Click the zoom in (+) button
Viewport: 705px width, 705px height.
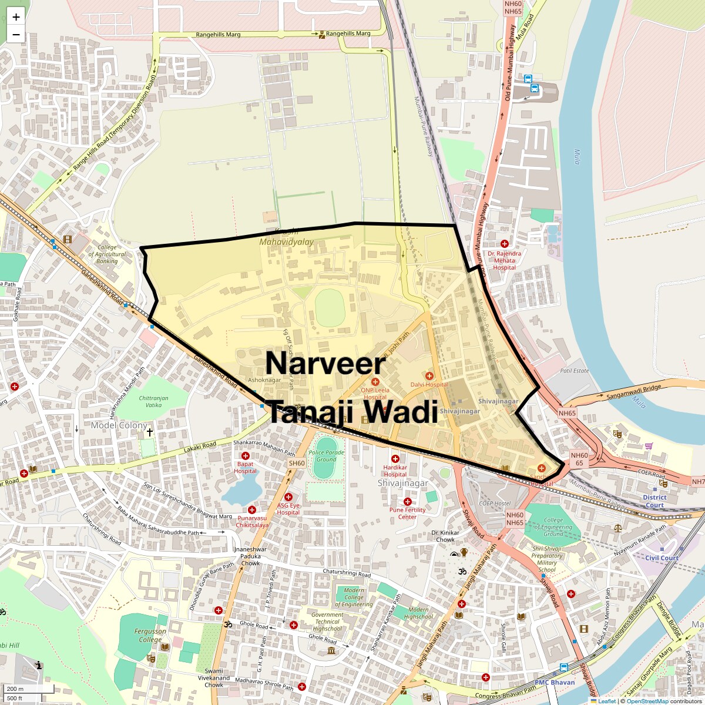16,17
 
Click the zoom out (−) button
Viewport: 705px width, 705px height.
16,34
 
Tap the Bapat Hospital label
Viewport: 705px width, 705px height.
245,468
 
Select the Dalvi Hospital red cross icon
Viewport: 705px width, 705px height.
429,375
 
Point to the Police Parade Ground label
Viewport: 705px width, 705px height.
327,456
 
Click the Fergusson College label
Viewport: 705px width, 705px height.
150,636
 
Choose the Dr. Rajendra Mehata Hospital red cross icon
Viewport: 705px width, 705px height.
504,243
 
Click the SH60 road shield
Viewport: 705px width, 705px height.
297,464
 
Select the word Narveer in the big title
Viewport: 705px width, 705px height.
325,364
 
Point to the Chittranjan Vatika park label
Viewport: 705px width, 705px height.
154,402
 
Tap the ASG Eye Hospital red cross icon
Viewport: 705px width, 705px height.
288,497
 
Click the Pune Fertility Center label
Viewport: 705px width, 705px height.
407,513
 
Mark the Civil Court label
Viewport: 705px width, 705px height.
662,558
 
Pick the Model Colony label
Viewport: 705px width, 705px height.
115,425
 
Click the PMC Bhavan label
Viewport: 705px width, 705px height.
555,683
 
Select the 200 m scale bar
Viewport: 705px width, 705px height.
16,689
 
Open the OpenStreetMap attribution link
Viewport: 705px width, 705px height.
647,701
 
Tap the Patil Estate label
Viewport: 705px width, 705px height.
574,371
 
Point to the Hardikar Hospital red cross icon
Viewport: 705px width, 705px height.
395,459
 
